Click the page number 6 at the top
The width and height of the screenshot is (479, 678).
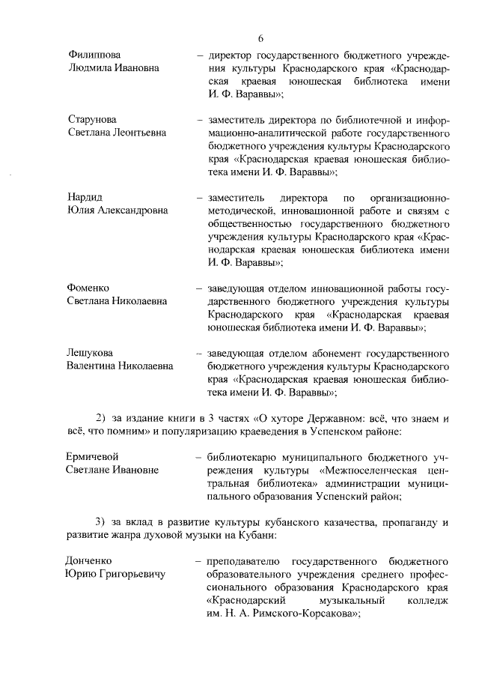(x=261, y=38)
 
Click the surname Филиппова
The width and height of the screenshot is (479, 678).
(x=93, y=55)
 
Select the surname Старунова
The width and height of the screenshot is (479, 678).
(x=92, y=120)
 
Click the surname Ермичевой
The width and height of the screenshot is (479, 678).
(x=94, y=457)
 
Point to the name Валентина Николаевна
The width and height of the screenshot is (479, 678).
(x=120, y=366)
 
